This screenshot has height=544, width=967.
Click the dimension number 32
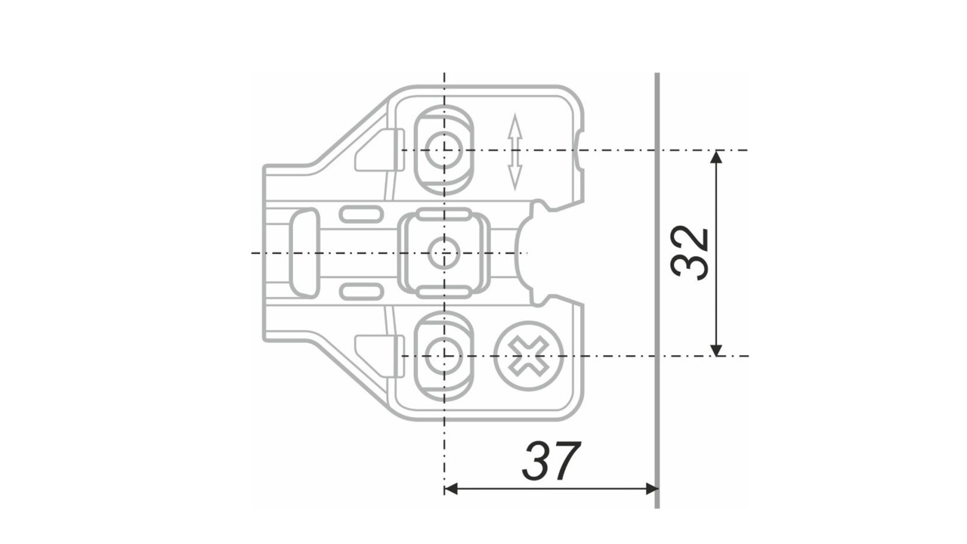690,252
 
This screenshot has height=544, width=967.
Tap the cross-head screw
529,355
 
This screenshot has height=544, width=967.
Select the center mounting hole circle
443,253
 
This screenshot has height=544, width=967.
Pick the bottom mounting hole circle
443,355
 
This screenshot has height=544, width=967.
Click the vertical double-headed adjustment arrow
515,152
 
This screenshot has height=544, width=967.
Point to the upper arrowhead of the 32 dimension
716,156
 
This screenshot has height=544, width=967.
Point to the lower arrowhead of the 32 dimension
716,349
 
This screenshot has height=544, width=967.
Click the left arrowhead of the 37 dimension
451,489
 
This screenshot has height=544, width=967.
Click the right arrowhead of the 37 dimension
650,489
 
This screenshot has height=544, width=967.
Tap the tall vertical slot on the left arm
304,253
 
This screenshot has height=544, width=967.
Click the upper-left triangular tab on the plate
375,150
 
